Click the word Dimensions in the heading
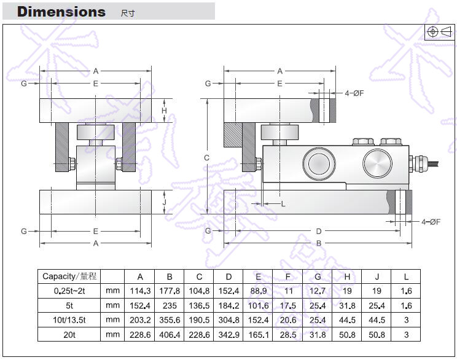coord(61,12)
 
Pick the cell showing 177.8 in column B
coord(170,291)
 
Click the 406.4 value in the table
coord(170,334)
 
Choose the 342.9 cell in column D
coord(228,334)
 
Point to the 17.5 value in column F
coord(287,305)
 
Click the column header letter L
coord(406,276)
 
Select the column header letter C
coord(199,276)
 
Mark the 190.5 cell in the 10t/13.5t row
coord(199,319)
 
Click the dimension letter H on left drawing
coord(164,111)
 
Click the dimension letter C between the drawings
coord(207,158)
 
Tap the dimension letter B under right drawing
coord(318,244)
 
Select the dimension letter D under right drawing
coord(318,231)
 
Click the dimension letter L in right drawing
coord(283,204)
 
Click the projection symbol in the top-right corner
coord(439,31)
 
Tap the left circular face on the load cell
coord(317,163)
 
